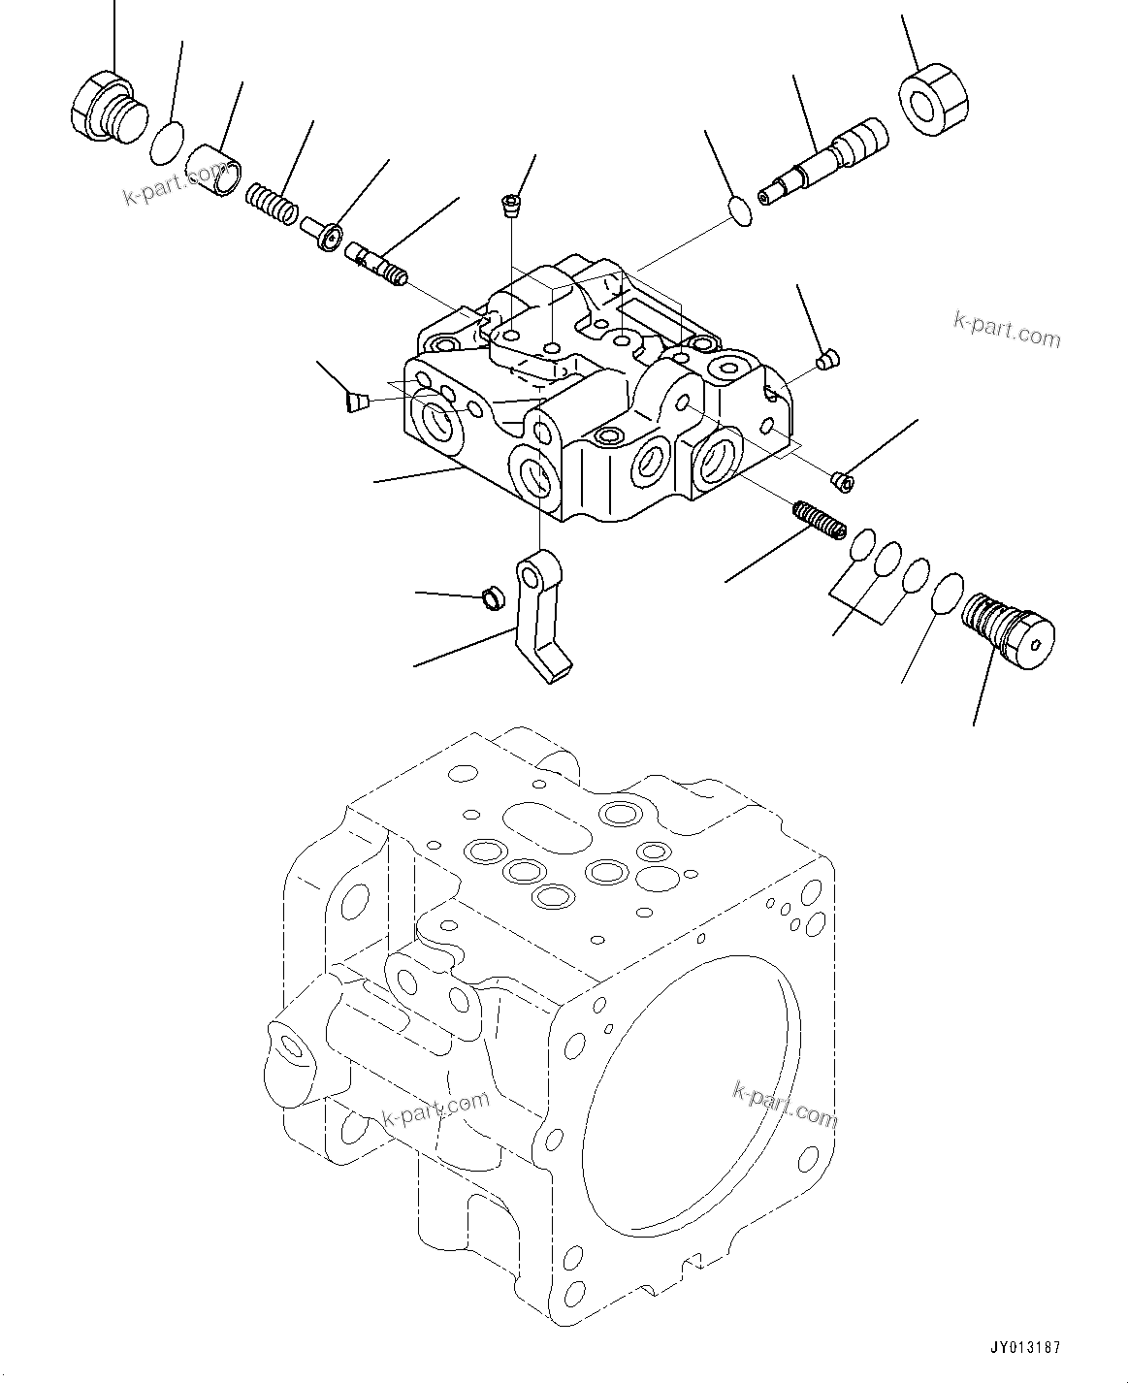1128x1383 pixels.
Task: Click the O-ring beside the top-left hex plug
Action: point(167,142)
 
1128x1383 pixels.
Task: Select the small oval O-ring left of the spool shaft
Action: point(739,211)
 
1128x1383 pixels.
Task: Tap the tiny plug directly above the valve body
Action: point(509,204)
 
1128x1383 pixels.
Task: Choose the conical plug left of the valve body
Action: point(357,400)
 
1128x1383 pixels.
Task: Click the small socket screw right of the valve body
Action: point(843,477)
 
